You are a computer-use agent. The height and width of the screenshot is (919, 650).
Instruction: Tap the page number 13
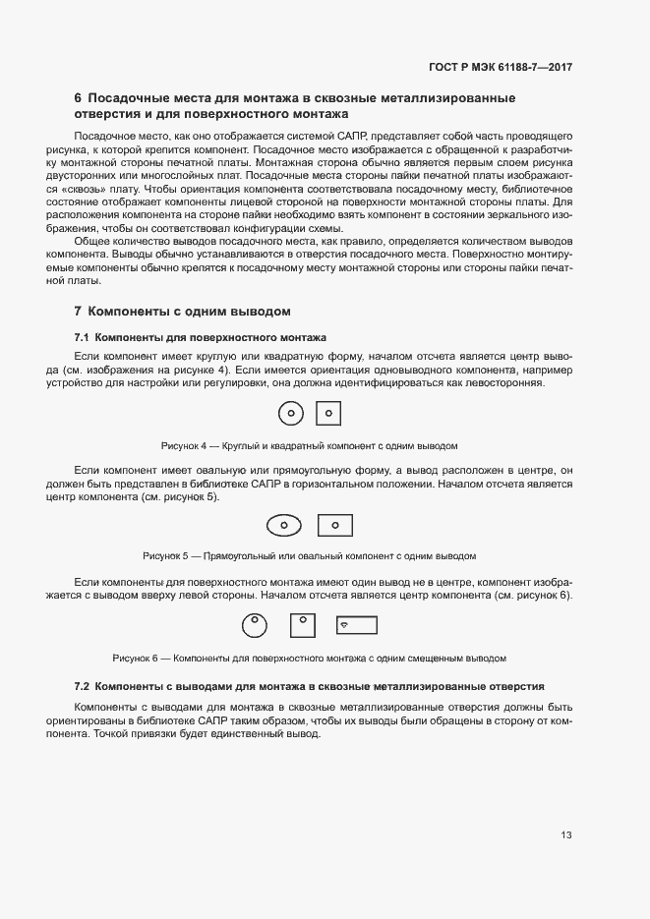pos(566,835)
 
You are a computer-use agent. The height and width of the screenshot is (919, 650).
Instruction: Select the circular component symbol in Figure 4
pos(291,414)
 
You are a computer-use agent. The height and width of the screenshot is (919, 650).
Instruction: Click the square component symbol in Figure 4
pos(328,414)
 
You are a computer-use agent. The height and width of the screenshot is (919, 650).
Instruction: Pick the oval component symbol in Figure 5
pos(284,525)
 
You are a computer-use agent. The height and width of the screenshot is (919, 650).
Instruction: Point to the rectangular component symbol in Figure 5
pos(335,525)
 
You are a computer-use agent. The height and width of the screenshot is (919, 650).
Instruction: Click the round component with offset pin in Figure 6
pos(255,623)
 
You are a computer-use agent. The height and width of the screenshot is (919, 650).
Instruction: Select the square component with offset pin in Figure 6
pos(303,623)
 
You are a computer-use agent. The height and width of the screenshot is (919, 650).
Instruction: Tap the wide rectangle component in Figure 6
pos(356,625)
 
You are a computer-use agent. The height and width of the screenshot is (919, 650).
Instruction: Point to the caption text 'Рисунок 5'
pos(164,555)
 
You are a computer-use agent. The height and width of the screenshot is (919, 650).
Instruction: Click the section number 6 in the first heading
pos(78,98)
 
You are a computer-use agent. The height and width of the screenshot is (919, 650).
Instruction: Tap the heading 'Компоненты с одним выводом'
pos(189,312)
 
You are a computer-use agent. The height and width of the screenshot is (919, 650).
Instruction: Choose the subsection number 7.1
pos(83,337)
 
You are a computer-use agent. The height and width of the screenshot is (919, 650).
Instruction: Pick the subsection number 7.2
pos(83,684)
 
